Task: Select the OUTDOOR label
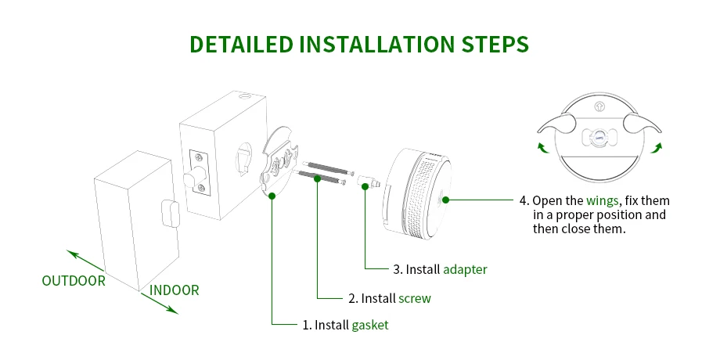pos(74,280)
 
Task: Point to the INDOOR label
pos(175,290)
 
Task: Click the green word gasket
pos(369,325)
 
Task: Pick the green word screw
pos(415,298)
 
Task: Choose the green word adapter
pos(465,269)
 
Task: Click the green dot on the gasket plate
pos(271,196)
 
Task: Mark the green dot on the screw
pos(319,178)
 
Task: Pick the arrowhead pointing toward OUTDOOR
pos(70,253)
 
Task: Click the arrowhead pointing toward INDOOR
pos(175,311)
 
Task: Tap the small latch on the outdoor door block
pos(167,209)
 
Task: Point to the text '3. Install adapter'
pos(440,269)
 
